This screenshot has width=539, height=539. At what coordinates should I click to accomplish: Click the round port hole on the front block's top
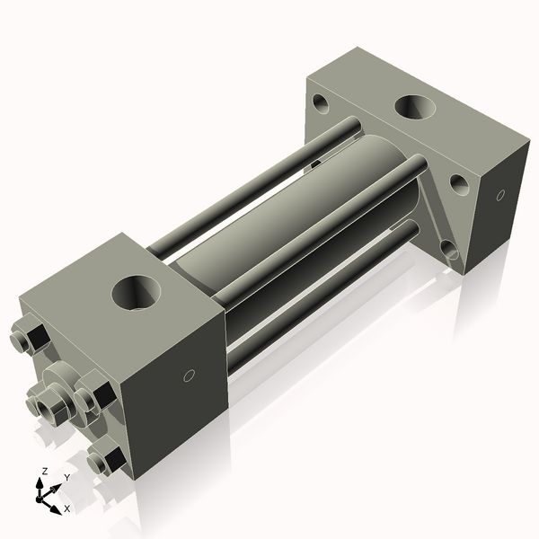137,292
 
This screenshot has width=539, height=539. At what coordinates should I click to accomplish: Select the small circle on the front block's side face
189,376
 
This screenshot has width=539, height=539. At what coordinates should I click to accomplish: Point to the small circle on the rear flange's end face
499,194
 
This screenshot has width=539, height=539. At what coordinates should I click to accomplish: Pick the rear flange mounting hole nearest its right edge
458,183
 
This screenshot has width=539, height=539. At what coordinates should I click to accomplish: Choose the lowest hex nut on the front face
106,461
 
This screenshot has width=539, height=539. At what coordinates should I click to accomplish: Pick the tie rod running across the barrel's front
314,229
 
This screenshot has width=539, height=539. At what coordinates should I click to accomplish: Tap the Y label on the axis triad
66,477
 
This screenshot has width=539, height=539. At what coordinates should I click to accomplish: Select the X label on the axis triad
66,508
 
